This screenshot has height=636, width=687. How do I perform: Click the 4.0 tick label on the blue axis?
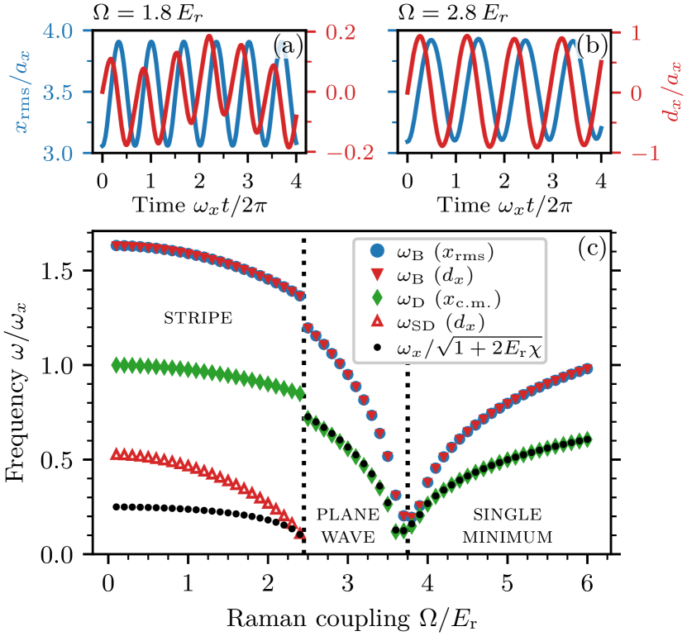59,31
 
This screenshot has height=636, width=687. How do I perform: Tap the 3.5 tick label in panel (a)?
59,92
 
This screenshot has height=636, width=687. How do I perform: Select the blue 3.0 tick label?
59,153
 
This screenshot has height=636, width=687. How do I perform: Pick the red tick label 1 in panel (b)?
636,31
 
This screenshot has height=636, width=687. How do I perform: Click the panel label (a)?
288,46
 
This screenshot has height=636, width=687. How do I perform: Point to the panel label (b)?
592,46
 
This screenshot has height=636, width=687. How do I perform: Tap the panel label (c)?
592,248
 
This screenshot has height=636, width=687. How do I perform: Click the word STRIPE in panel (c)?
198,318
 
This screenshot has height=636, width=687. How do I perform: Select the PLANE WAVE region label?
348,526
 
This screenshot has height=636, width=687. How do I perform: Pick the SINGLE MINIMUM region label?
507,526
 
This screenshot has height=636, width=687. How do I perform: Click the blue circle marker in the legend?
377,249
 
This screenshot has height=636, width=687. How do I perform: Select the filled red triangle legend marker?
377,273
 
